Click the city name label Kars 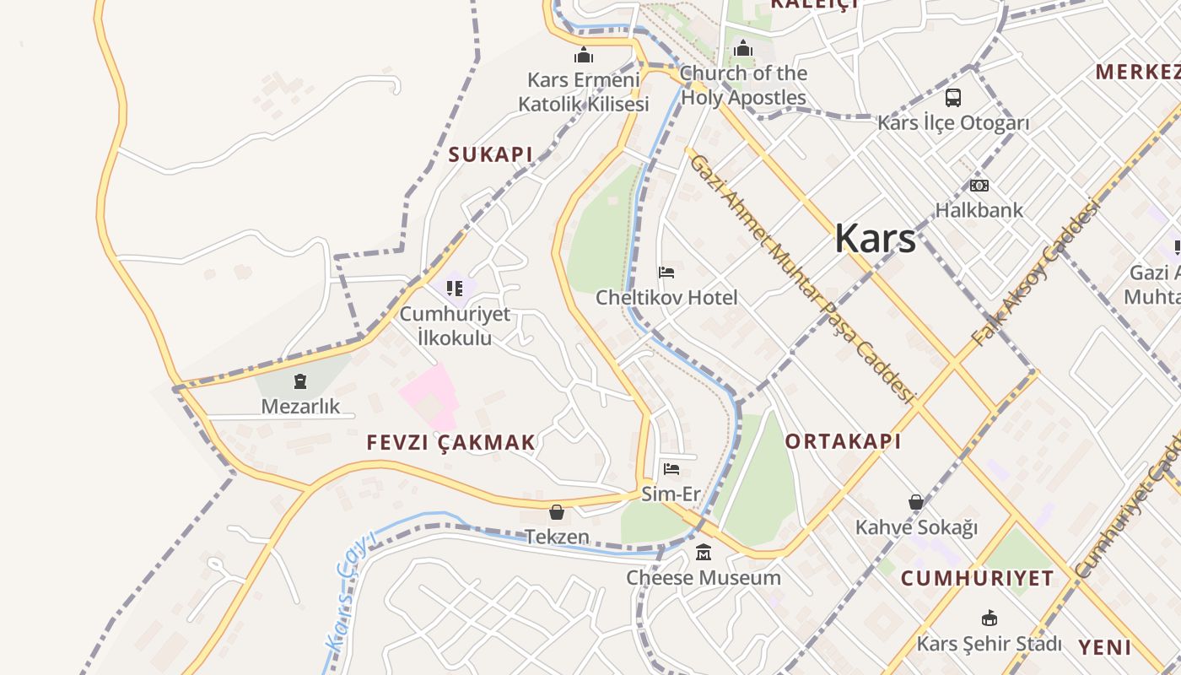coord(875,239)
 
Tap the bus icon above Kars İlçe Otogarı coord(952,98)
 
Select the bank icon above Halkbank coord(979,186)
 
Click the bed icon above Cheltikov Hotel coord(666,273)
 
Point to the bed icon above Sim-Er coord(671,469)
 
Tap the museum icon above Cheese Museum coord(704,553)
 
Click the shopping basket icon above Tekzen coord(557,512)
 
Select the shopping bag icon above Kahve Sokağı coord(916,503)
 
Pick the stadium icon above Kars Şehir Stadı coord(990,618)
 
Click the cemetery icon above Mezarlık coord(300,381)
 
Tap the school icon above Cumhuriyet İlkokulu coord(455,289)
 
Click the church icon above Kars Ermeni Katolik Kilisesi coord(583,56)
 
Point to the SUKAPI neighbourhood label coord(490,154)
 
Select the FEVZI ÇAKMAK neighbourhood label coord(451,442)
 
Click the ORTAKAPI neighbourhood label coord(843,441)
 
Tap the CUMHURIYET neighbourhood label coord(977,578)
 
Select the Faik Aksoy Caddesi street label coord(1037,271)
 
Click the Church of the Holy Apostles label coord(743,85)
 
